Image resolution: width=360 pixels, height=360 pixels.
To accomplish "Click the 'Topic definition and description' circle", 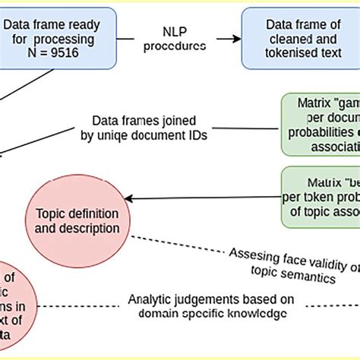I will point(74,219).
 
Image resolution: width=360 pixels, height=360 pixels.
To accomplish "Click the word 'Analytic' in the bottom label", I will point(149,298).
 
